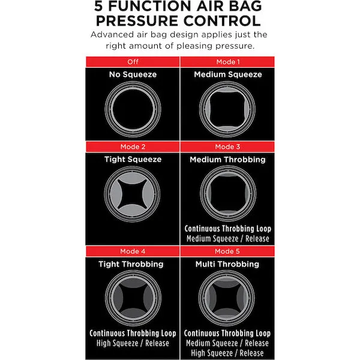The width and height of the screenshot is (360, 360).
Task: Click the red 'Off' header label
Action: tap(133, 62)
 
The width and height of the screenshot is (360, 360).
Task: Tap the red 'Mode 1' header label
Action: tap(228, 62)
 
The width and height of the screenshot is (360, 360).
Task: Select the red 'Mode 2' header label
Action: tap(133, 147)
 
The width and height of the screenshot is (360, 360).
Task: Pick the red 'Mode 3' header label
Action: tap(227, 147)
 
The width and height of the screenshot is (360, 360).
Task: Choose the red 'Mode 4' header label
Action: tap(133, 251)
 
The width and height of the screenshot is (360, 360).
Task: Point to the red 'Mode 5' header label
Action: tap(227, 251)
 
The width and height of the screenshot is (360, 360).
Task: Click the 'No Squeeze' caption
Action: tap(133, 74)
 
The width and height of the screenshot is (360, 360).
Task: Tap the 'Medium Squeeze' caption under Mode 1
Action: tap(228, 74)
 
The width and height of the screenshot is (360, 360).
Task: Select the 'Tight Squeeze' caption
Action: tap(133, 160)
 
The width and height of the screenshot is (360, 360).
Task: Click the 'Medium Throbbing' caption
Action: tap(227, 160)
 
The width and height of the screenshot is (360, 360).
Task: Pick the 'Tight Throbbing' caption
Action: tap(131, 264)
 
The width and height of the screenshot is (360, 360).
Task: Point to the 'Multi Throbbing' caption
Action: tap(227, 264)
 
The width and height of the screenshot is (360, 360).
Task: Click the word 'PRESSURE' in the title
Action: tap(137, 21)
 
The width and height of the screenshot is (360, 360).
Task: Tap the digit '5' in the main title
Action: tap(99, 6)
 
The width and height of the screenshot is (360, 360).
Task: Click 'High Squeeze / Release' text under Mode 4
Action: tap(133, 343)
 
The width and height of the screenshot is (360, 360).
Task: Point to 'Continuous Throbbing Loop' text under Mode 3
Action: tap(228, 229)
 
